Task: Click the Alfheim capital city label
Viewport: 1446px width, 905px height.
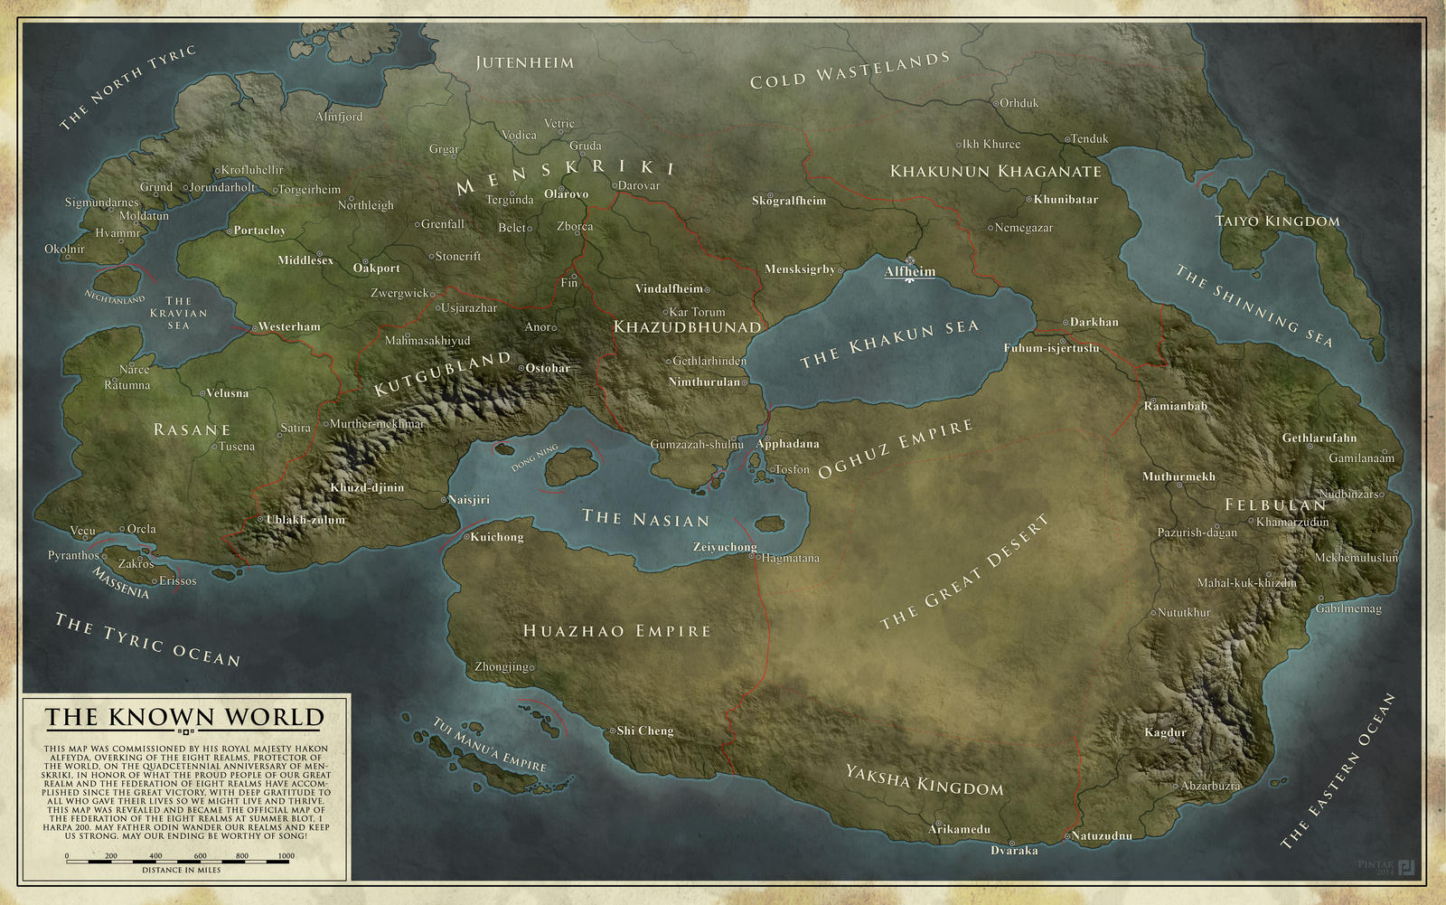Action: point(909,271)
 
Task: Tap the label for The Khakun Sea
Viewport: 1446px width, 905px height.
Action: point(889,344)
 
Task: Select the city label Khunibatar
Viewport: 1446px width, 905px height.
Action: point(1066,199)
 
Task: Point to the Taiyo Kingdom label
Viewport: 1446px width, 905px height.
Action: point(1277,221)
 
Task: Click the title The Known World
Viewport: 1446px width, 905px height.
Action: point(184,717)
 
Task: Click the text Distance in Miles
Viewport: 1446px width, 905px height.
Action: point(181,871)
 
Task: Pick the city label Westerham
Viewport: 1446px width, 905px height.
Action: point(288,326)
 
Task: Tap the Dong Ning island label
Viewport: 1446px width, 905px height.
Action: point(535,458)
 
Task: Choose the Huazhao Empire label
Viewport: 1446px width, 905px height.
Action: point(617,630)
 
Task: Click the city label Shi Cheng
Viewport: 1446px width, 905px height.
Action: point(644,731)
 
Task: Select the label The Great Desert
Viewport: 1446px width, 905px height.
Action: point(965,572)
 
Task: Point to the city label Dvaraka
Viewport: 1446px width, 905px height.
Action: point(1014,850)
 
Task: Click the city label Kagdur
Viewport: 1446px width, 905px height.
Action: point(1165,732)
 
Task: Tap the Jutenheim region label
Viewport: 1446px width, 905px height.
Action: point(524,62)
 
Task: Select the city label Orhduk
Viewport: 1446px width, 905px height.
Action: point(1019,103)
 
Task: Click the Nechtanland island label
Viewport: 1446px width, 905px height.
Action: point(115,297)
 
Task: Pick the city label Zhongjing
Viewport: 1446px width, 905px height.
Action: point(502,667)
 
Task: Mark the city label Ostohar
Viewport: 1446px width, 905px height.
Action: point(548,368)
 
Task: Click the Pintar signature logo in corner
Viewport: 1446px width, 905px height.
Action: point(1406,868)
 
